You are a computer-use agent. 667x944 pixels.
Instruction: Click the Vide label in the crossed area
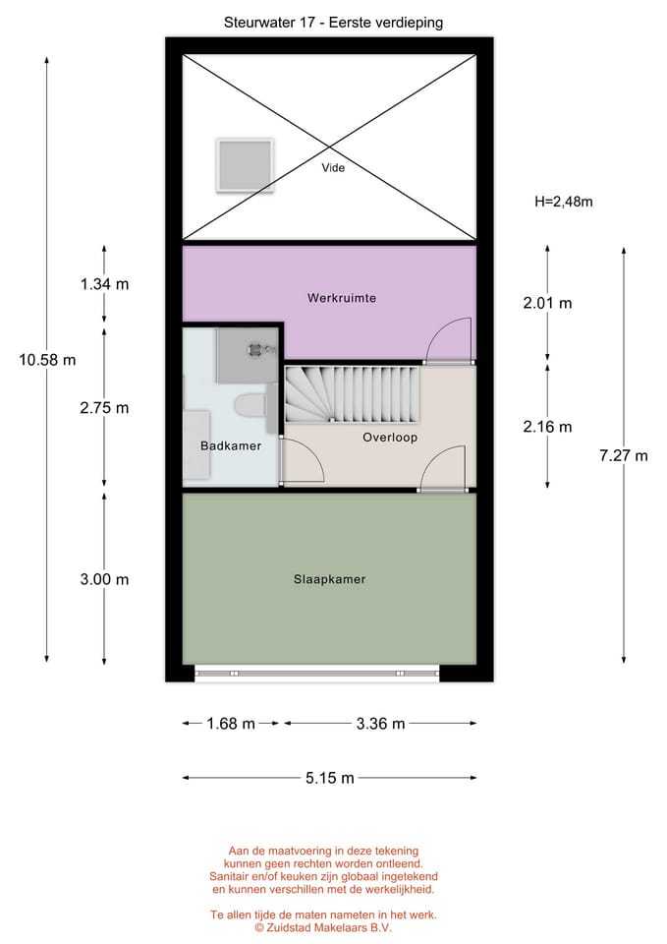[333, 167]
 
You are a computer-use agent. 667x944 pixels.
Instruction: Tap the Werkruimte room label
[342, 297]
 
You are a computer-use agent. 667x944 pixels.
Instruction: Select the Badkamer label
[231, 446]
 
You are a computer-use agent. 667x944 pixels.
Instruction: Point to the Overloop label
[390, 438]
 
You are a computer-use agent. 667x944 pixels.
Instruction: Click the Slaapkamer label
[330, 579]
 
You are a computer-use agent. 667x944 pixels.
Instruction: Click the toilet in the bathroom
[250, 404]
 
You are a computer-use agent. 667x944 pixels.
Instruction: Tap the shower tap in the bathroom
[261, 348]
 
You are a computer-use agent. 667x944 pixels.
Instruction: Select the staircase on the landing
[352, 394]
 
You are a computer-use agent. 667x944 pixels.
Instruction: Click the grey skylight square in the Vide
[246, 165]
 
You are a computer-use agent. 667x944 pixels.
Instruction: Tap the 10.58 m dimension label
[47, 360]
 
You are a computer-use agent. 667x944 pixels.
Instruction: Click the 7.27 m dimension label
[624, 455]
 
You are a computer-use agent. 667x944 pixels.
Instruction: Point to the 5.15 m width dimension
[330, 778]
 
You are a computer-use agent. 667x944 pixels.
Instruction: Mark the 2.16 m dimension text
[547, 427]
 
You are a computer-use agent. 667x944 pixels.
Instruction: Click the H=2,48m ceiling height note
[564, 202]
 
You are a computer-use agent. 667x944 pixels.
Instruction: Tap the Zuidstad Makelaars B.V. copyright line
[323, 927]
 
